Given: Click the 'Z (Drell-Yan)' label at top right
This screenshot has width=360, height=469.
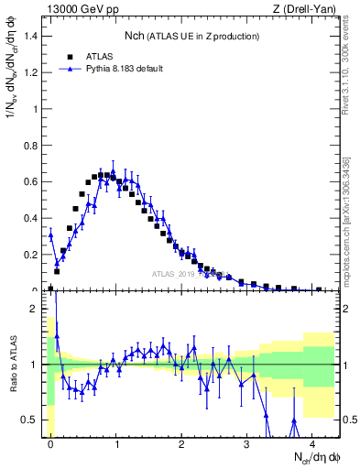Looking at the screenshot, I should [309, 8].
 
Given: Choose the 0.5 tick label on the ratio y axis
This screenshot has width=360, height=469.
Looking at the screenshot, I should [34, 420].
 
